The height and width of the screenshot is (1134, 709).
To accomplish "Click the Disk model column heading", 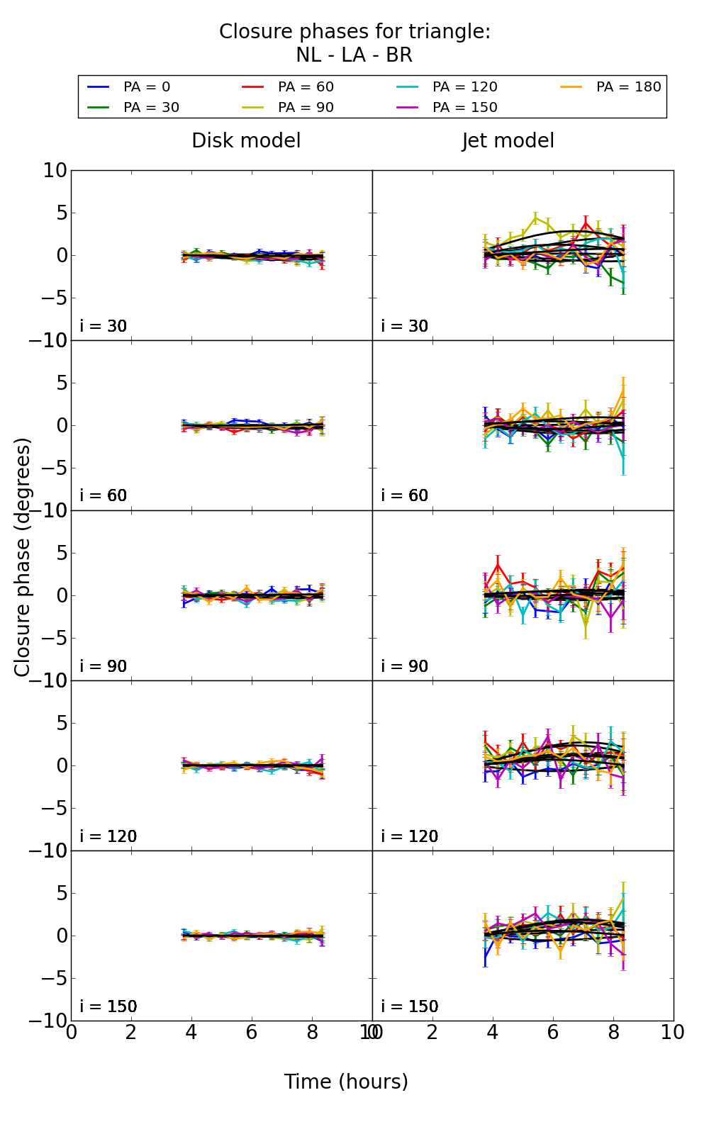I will click(x=246, y=141).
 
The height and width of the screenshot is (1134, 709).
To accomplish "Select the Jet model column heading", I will click(x=508, y=141).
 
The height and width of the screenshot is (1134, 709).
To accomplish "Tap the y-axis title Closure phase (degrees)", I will click(x=23, y=557).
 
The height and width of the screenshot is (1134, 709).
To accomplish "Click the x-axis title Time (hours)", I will click(x=346, y=1082).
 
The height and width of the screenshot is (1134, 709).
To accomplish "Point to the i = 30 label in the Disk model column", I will click(x=104, y=327).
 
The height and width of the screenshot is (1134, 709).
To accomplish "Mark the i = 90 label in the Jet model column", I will click(x=405, y=666).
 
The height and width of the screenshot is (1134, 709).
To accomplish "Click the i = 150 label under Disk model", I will click(x=108, y=1006).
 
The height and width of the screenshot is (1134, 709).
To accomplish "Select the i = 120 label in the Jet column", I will click(x=410, y=836).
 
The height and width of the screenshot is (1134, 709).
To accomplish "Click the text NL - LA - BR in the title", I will click(x=354, y=55).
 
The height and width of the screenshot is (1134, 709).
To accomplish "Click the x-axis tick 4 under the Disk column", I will click(x=191, y=1033).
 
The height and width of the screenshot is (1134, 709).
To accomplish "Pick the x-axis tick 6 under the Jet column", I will click(x=553, y=1033).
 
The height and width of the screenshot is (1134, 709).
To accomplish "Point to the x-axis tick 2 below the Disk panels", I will click(x=131, y=1033).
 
